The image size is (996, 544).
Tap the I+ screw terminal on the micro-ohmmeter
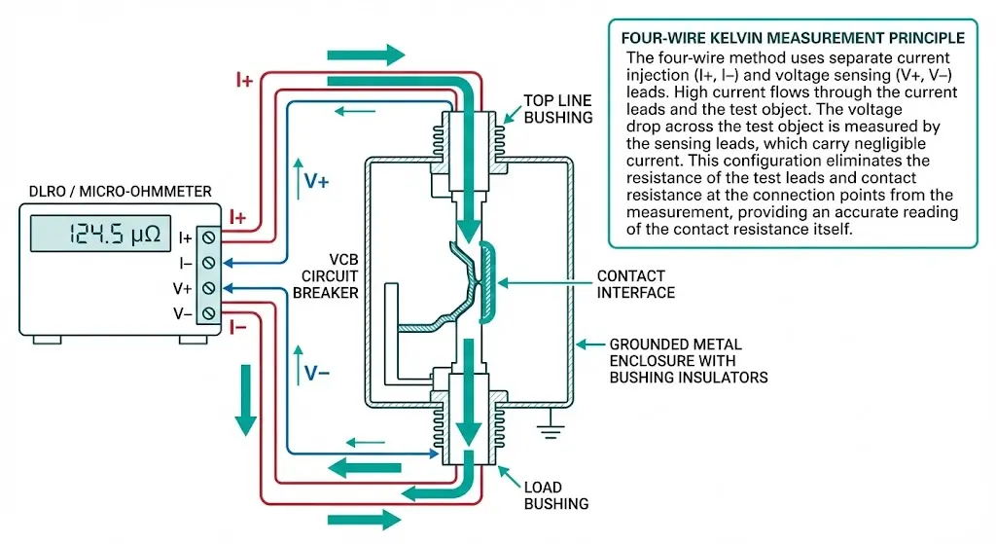click(x=207, y=236)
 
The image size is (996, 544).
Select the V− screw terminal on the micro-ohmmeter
click(x=207, y=311)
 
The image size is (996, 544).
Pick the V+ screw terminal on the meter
click(x=207, y=287)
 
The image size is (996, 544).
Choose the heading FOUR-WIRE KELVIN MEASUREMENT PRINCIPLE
click(x=793, y=38)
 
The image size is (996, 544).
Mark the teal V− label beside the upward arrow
click(x=317, y=373)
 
